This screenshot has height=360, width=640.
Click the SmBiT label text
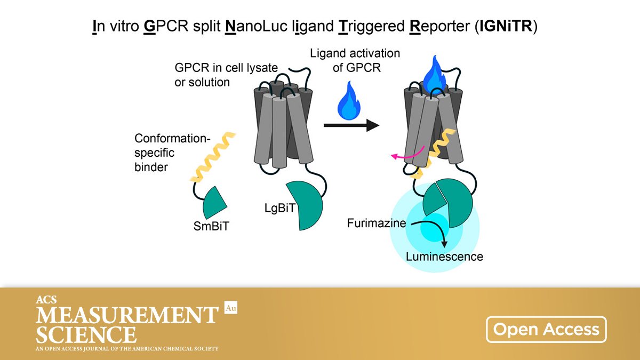click(213, 227)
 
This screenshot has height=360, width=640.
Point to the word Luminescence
click(444, 257)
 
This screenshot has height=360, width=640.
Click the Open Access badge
click(546, 329)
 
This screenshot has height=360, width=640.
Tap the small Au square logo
click(230, 308)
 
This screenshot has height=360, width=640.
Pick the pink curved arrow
click(408, 154)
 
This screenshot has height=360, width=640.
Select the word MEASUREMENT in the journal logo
click(127, 316)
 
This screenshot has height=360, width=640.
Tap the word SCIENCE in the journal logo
click(85, 335)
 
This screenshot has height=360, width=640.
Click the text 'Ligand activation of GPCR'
click(355, 60)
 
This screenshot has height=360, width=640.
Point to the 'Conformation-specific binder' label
click(172, 153)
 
